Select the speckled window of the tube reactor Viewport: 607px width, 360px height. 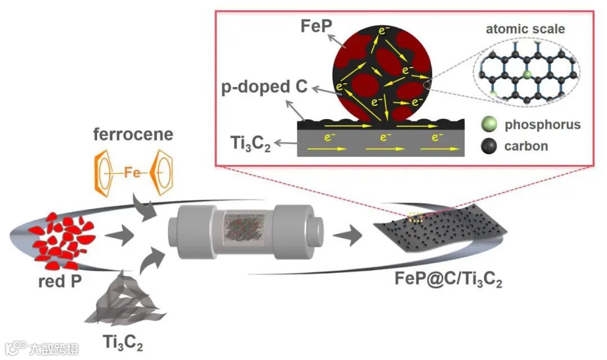click(x=241, y=232)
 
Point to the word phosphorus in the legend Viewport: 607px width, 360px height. click(x=543, y=125)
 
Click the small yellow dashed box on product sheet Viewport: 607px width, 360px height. click(x=415, y=218)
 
